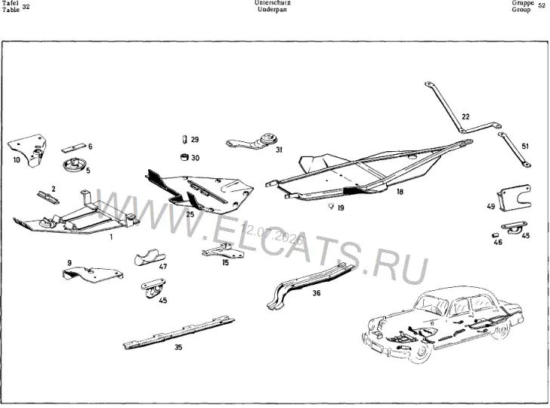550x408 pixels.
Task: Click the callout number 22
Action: (x=465, y=116)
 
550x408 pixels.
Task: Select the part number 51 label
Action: (x=525, y=146)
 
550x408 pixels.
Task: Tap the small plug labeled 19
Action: (x=330, y=206)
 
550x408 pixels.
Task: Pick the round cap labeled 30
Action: (x=184, y=157)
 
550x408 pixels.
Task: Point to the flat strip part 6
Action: (x=74, y=147)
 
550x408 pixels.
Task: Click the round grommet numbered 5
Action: (x=74, y=165)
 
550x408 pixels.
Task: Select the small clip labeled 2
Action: (x=48, y=197)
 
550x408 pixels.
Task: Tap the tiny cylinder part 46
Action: (x=495, y=235)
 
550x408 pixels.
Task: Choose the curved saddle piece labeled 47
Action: (x=150, y=258)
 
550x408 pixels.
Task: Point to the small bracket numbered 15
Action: (x=223, y=251)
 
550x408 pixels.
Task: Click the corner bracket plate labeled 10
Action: (x=27, y=150)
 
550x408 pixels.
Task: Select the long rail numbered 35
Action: (x=179, y=332)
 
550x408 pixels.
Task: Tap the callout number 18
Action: (x=400, y=192)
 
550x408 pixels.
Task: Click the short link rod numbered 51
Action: (x=514, y=150)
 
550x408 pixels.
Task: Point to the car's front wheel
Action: (x=419, y=353)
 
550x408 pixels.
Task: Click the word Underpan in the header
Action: (x=272, y=10)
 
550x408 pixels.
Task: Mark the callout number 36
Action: (x=317, y=292)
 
